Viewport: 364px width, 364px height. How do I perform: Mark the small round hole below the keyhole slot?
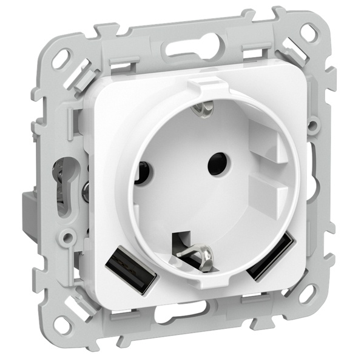(x=72, y=234)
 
